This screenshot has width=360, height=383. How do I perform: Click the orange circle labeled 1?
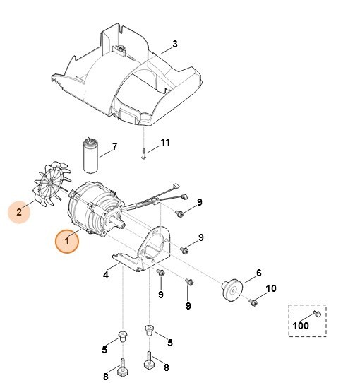68,241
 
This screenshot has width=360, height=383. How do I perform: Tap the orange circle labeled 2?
20,211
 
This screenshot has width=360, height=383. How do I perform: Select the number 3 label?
175,44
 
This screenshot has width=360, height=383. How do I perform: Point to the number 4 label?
106,275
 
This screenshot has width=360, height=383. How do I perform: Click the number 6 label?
258,273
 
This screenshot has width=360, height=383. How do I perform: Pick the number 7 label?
114,147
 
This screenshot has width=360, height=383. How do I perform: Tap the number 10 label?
271,289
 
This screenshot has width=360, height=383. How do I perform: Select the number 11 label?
165,142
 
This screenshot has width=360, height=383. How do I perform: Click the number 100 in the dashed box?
301,326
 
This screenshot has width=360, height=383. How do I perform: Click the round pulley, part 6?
230,288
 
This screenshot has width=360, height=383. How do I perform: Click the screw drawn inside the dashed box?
317,312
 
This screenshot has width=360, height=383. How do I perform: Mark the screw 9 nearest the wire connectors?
181,212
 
